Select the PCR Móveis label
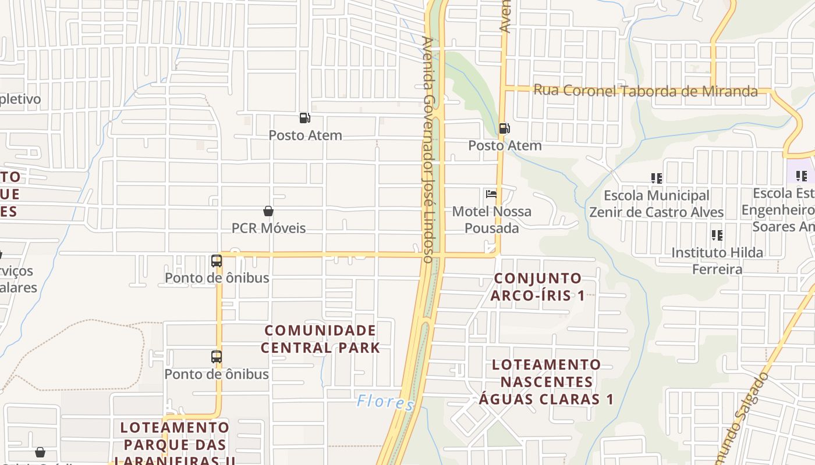(268, 228)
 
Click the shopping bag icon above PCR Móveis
(268, 211)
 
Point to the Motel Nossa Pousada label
(492, 219)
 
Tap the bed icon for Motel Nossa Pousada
(491, 194)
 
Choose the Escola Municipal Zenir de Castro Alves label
(656, 203)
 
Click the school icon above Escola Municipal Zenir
(656, 178)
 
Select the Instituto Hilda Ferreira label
(717, 260)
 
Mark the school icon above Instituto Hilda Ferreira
(717, 235)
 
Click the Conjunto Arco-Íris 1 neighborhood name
(537, 287)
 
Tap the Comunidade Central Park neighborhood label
(320, 339)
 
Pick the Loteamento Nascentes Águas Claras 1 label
(546, 382)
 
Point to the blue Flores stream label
(385, 402)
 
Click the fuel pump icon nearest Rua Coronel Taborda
(504, 128)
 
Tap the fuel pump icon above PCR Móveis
(304, 118)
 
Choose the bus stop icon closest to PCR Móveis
(217, 261)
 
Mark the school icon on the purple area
(802, 176)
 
